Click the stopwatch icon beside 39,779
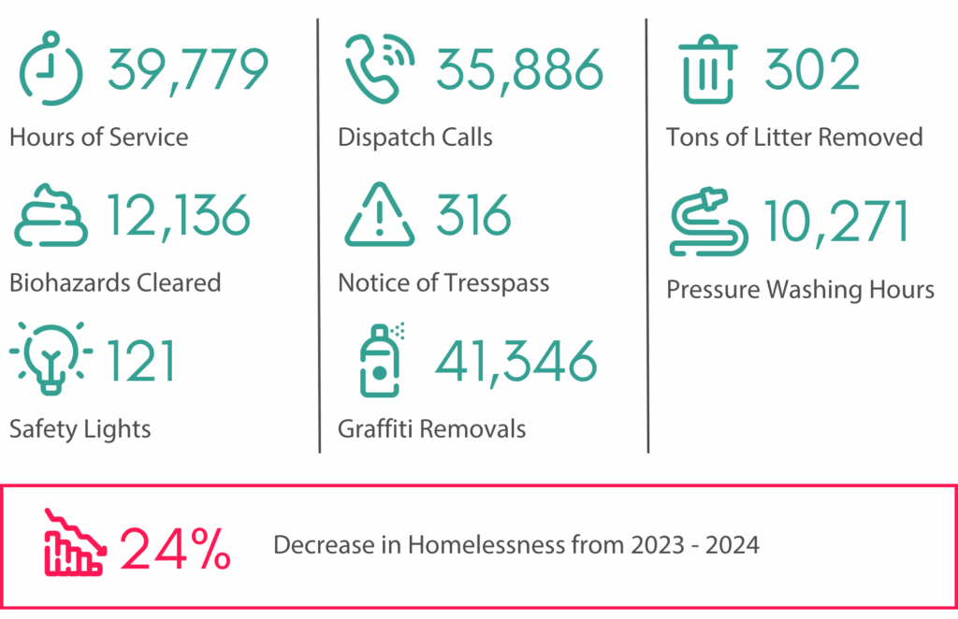point(51,68)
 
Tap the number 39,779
point(187,70)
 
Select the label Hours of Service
point(98,137)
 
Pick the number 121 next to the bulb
point(140,360)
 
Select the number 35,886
point(518,70)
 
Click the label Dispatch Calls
point(414,137)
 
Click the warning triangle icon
point(379,217)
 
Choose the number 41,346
point(515,361)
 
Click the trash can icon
point(708,70)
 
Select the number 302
point(812,70)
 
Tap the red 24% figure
point(175,548)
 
